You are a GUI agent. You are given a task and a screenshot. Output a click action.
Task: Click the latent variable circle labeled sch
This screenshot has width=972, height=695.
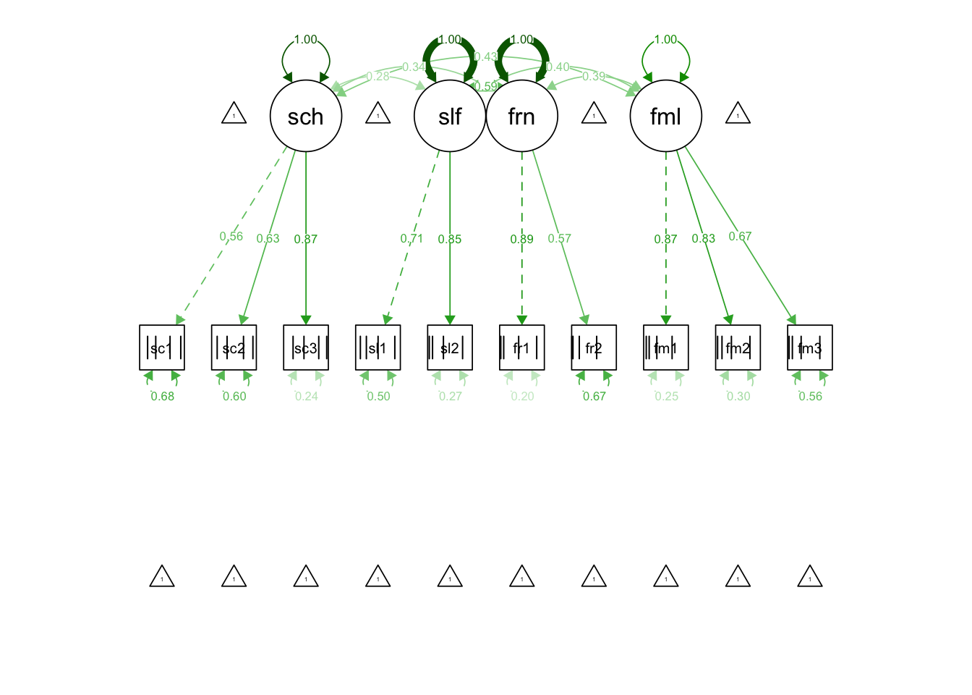(x=306, y=116)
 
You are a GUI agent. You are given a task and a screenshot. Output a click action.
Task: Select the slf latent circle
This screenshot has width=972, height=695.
(x=449, y=116)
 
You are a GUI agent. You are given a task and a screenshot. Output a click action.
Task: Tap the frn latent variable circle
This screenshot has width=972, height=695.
(x=521, y=116)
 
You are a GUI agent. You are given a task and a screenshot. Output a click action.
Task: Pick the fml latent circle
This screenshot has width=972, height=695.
(x=665, y=116)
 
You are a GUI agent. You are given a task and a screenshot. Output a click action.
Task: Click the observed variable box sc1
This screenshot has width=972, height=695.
(x=162, y=347)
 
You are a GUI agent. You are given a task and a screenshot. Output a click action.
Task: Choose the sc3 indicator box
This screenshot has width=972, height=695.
(x=306, y=347)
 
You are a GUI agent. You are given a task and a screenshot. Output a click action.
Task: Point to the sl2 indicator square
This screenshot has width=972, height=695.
(x=450, y=347)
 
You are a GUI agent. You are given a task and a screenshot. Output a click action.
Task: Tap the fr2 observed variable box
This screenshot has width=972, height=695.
(x=594, y=347)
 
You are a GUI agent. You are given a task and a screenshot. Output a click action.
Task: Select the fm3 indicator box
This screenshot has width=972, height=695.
(x=810, y=347)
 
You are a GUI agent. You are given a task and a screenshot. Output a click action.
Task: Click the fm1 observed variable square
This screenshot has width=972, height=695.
(x=665, y=347)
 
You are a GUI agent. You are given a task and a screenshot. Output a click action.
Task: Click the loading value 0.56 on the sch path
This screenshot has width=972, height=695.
(x=231, y=237)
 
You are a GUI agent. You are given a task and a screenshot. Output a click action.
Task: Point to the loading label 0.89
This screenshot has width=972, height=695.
(x=521, y=239)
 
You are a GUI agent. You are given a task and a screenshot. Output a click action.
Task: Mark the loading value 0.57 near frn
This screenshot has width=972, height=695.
(x=560, y=238)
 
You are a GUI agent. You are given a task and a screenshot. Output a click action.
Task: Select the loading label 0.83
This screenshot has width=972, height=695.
(x=704, y=238)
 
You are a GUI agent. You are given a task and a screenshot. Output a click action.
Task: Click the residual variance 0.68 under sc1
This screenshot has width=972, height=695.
(x=163, y=396)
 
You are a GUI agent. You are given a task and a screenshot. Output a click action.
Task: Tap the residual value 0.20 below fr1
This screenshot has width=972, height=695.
(x=522, y=396)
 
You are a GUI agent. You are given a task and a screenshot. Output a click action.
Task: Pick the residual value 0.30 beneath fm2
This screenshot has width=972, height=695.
(x=738, y=396)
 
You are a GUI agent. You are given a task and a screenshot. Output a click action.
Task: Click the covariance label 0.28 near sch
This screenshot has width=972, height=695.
(x=378, y=77)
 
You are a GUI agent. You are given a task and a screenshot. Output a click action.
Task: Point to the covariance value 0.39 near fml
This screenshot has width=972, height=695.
(x=594, y=76)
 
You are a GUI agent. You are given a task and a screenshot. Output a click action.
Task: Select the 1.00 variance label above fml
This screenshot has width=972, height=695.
(x=665, y=40)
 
